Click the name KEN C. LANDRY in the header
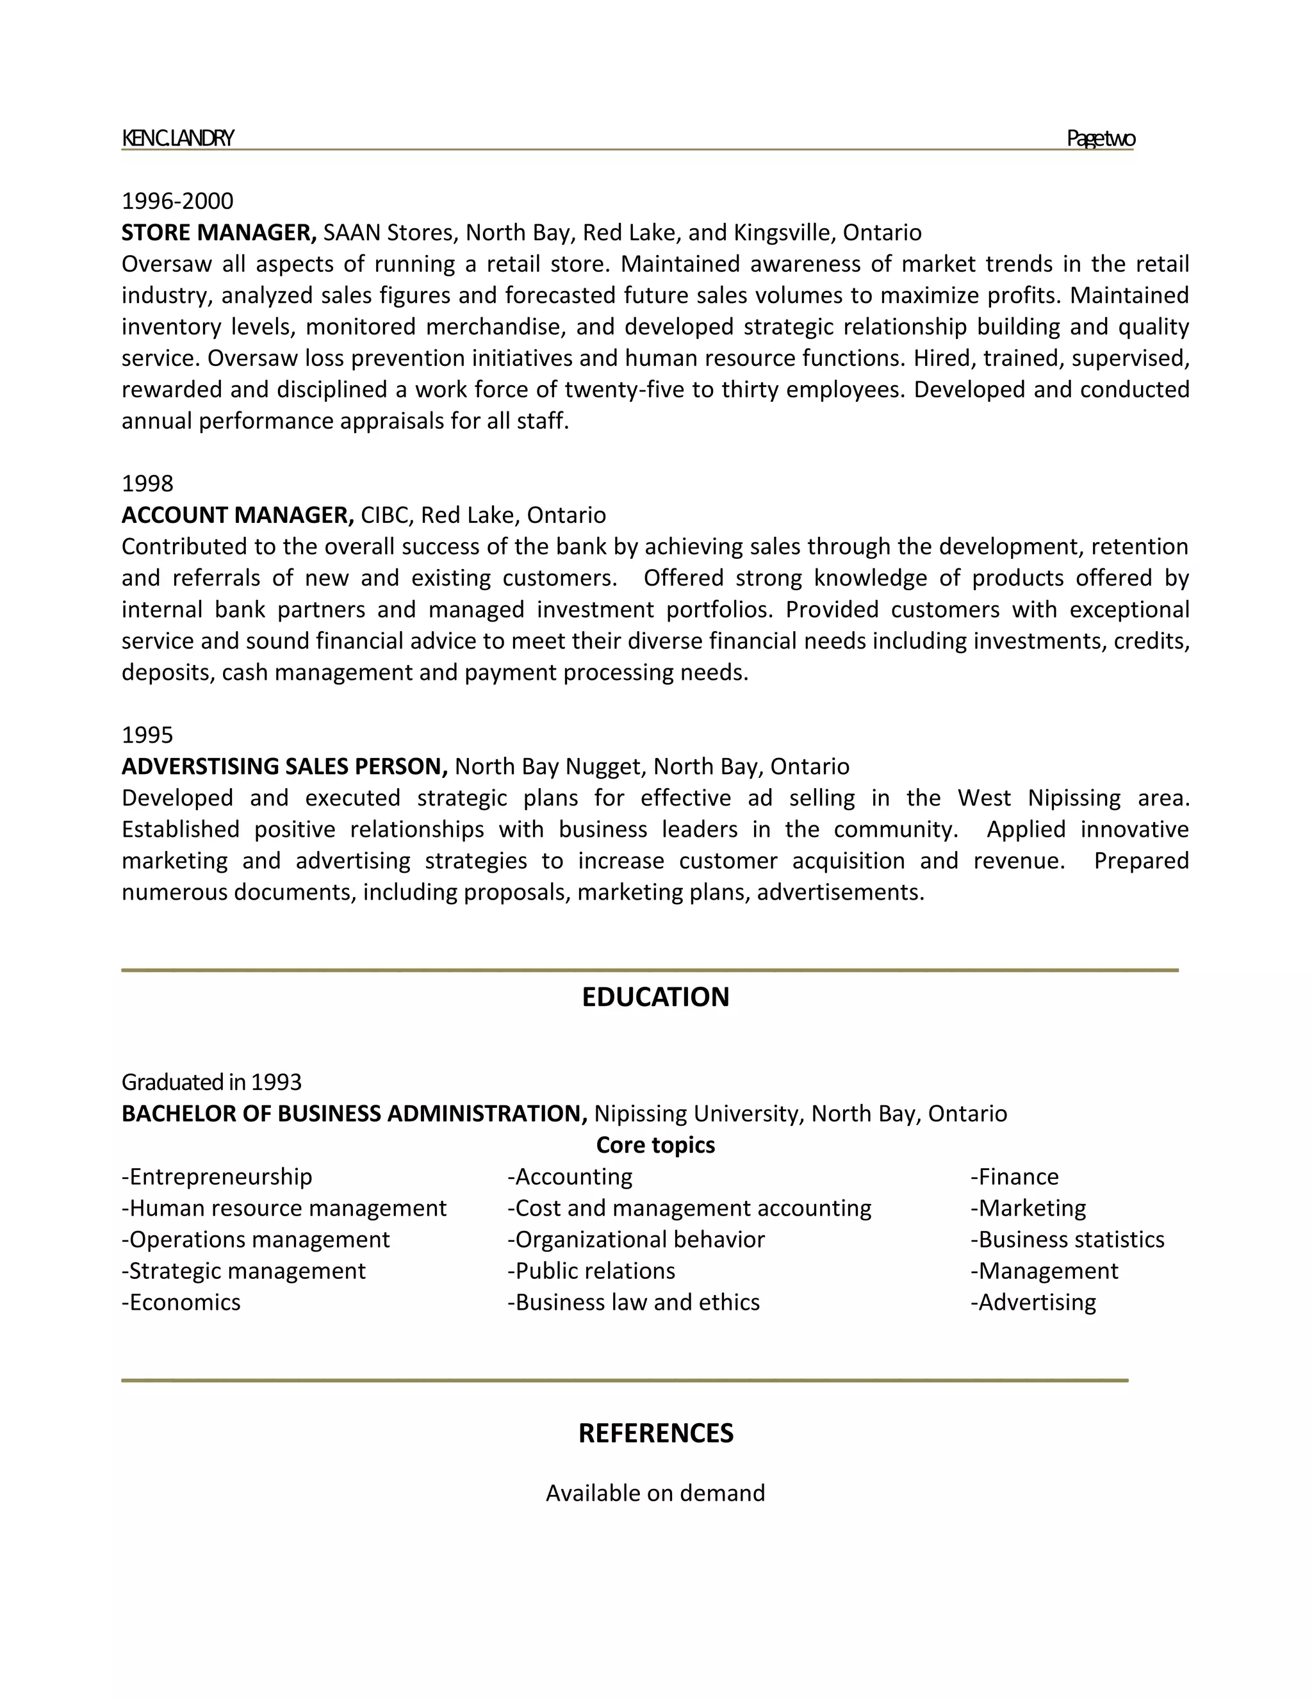click(x=177, y=138)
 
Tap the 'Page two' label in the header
click(x=1100, y=138)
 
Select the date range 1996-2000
click(x=177, y=201)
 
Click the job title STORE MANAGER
click(x=218, y=233)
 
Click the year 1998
click(x=148, y=484)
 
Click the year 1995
click(x=148, y=735)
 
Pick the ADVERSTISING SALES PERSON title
click(x=284, y=766)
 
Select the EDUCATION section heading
click(x=655, y=998)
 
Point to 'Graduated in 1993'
click(x=211, y=1082)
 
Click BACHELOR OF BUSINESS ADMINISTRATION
click(x=354, y=1114)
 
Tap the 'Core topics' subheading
click(x=655, y=1145)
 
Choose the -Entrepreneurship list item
click(x=217, y=1177)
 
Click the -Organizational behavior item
click(x=635, y=1239)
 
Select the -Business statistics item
click(x=1067, y=1239)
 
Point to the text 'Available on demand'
click(x=655, y=1493)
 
